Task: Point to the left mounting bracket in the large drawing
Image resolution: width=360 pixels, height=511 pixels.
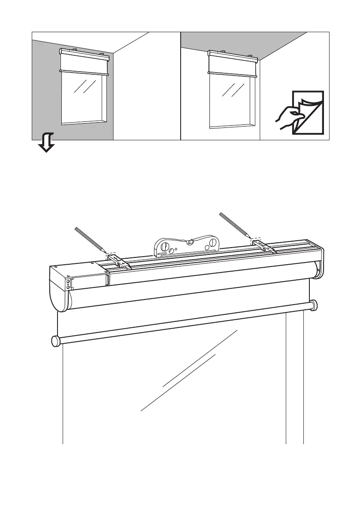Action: [116, 261]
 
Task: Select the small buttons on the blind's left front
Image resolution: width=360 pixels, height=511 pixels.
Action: [67, 284]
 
